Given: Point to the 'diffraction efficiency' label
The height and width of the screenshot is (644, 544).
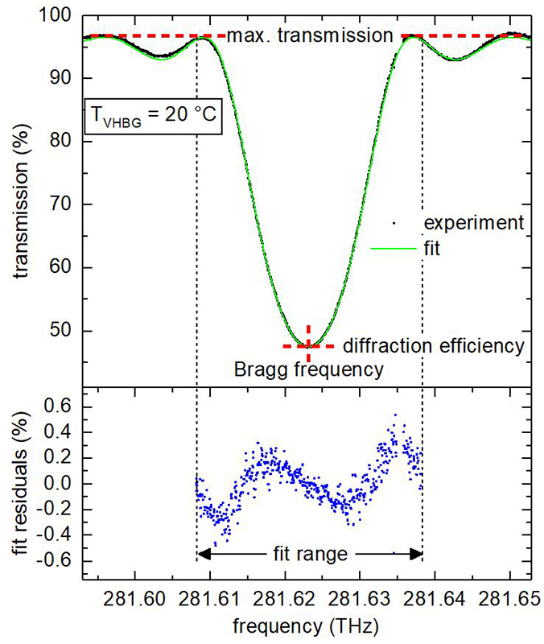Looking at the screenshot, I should tap(434, 346).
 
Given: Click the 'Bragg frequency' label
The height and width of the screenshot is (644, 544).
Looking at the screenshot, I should tap(308, 370).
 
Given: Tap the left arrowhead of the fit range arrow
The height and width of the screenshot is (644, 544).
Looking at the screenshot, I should tap(202, 554).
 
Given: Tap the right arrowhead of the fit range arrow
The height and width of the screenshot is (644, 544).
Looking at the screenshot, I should tap(418, 554).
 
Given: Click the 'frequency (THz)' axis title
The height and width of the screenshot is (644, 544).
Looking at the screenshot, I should tap(308, 625).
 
